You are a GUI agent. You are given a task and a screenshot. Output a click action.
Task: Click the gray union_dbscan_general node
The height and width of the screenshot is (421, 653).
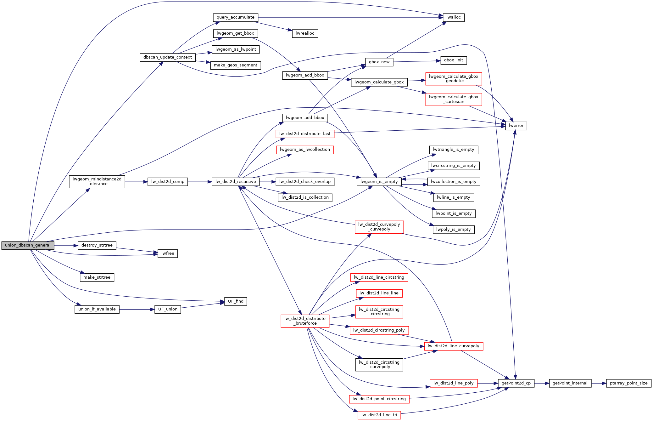tap(28, 245)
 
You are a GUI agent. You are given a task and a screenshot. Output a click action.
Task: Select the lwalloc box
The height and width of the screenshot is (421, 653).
tap(453, 17)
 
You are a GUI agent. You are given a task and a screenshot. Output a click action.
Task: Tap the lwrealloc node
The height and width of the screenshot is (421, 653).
tap(305, 33)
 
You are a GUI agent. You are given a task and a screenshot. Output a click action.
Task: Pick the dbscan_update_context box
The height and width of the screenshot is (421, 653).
tap(167, 57)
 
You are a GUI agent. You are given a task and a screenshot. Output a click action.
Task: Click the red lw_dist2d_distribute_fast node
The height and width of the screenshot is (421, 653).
tap(305, 134)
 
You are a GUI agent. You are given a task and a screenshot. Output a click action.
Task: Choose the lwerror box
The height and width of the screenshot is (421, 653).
tap(516, 126)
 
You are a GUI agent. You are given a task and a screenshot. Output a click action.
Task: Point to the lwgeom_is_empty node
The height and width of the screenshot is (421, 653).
tap(379, 182)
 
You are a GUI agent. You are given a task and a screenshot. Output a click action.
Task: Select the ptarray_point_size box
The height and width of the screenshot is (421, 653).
tap(628, 383)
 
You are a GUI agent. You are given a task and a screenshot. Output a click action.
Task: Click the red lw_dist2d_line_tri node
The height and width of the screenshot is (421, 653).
tap(379, 415)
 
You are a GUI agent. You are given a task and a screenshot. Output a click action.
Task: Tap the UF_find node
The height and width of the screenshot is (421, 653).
tap(235, 301)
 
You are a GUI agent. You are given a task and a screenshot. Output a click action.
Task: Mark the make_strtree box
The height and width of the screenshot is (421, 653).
tap(97, 277)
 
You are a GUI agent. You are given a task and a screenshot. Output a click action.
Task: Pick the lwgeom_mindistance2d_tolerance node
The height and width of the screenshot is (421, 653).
tap(97, 182)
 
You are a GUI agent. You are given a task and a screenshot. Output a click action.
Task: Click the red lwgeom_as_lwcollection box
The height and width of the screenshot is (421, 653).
tap(305, 150)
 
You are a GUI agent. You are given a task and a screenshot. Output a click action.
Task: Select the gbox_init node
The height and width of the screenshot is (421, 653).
tap(453, 60)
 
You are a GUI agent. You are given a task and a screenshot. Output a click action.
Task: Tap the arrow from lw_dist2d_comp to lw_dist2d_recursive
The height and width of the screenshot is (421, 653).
tap(200, 182)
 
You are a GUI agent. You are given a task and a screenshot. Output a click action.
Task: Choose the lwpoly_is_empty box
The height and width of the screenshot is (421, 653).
tap(453, 230)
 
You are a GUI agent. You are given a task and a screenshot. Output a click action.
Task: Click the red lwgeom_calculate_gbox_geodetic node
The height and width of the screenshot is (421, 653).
tap(453, 79)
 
